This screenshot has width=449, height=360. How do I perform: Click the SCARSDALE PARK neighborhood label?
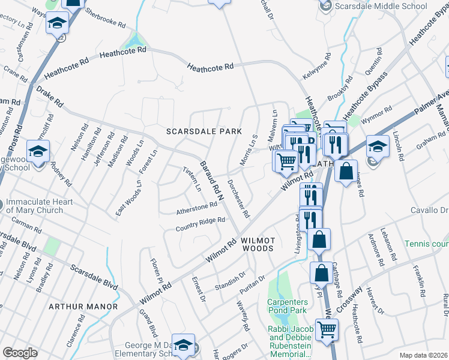coord(205,131)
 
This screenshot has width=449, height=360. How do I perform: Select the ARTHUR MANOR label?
coord(83,307)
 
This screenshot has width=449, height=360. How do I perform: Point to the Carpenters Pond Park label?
coord(287,305)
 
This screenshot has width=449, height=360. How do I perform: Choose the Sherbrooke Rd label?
coord(105,19)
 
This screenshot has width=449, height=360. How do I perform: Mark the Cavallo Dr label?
coord(429,211)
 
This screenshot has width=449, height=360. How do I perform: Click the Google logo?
coord(20,353)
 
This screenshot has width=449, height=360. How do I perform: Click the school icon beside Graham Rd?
coord(378,146)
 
